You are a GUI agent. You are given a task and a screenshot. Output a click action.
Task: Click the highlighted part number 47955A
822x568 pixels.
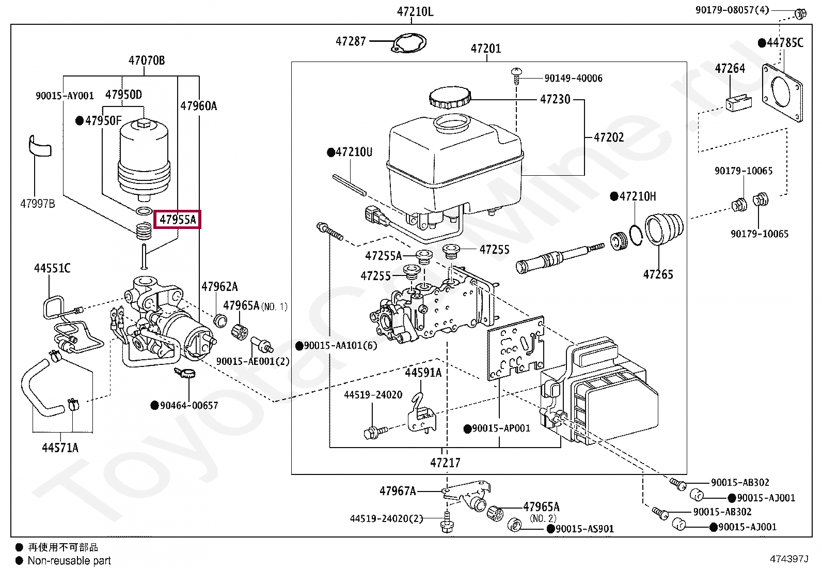178,220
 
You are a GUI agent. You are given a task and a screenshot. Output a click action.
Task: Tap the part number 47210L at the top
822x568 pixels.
415,11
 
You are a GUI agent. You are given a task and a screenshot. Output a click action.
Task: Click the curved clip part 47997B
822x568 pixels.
40,145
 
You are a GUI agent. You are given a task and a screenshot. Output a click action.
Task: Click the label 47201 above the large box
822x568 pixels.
485,49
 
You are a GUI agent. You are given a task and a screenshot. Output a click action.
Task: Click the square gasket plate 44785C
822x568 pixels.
783,94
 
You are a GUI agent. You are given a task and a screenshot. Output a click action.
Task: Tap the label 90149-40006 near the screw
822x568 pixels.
573,78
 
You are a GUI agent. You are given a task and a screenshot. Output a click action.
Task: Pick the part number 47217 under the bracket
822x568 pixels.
445,463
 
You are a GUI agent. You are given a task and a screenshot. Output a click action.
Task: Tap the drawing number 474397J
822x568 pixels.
788,559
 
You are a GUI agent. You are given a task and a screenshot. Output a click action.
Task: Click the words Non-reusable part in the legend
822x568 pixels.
69,561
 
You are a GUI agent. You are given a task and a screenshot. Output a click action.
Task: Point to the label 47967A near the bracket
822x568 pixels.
398,491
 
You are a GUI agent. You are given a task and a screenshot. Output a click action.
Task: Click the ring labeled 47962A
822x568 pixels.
220,320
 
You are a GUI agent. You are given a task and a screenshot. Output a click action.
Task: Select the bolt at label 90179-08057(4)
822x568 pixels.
800,13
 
